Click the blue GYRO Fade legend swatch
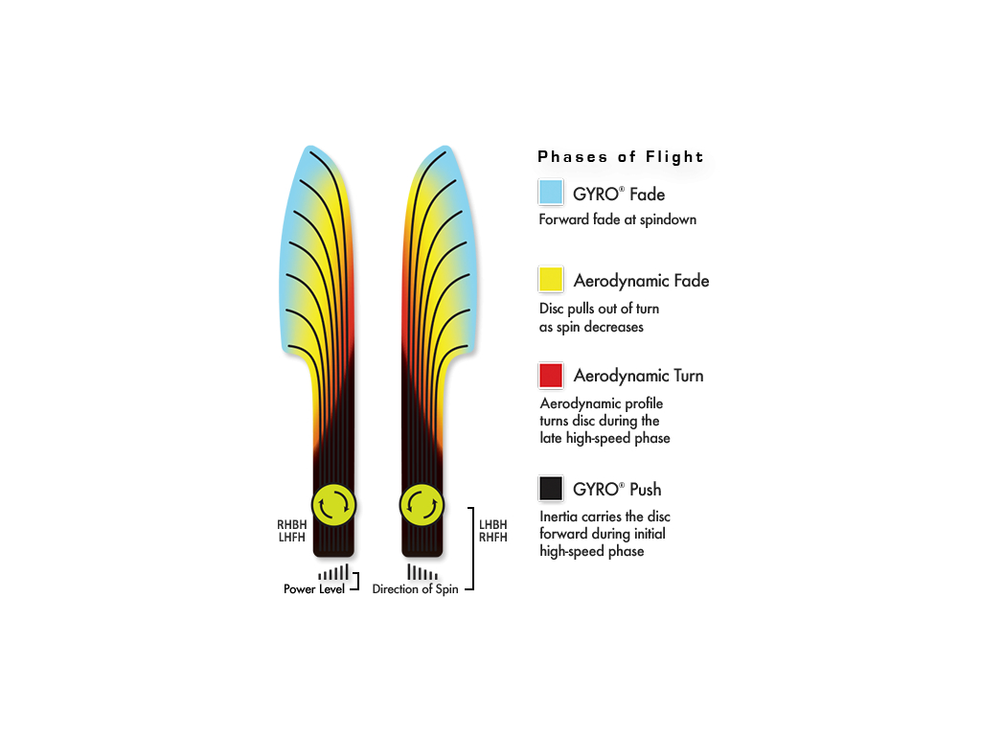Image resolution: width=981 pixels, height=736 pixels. pyautogui.click(x=551, y=192)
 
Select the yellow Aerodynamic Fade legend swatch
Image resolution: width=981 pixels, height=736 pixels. pyautogui.click(x=551, y=279)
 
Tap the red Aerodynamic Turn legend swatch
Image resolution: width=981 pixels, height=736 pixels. pyautogui.click(x=551, y=376)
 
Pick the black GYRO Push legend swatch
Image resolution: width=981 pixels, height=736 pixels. pyautogui.click(x=551, y=488)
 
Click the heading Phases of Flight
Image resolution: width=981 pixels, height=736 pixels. pyautogui.click(x=620, y=156)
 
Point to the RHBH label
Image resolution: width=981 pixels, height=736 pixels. pyautogui.click(x=291, y=524)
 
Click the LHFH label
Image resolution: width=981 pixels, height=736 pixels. pyautogui.click(x=291, y=537)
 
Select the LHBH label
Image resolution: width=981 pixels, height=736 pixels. pyautogui.click(x=493, y=524)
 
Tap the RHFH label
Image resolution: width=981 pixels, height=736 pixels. pyautogui.click(x=493, y=537)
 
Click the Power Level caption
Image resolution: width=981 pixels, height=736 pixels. pyautogui.click(x=314, y=589)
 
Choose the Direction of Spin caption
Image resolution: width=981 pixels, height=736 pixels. pyautogui.click(x=415, y=589)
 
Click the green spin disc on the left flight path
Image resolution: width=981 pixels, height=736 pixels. pyautogui.click(x=334, y=505)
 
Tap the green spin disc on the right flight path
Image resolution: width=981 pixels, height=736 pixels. pyautogui.click(x=422, y=505)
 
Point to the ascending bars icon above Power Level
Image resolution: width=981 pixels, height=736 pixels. pyautogui.click(x=332, y=572)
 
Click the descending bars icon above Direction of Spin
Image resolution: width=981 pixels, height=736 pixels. pyautogui.click(x=422, y=572)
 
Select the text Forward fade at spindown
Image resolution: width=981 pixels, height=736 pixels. pyautogui.click(x=618, y=219)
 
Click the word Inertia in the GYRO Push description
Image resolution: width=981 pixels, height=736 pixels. pyautogui.click(x=559, y=517)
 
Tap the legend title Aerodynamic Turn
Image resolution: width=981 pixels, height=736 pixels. pyautogui.click(x=638, y=376)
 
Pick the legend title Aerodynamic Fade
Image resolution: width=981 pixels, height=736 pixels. pyautogui.click(x=641, y=281)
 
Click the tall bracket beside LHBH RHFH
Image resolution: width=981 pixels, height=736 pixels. pyautogui.click(x=473, y=548)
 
